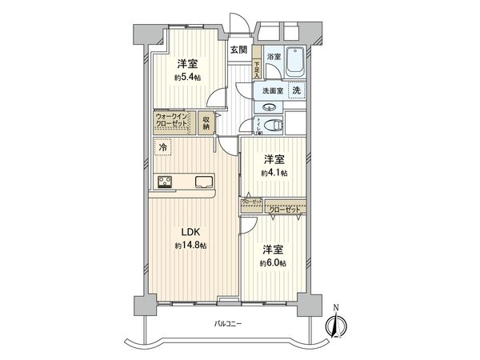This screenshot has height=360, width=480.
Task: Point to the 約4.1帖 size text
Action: [274, 172]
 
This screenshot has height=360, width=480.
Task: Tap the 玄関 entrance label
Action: [238, 49]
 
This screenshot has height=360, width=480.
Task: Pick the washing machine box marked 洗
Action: [296, 91]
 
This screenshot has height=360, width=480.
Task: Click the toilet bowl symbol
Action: [273, 124]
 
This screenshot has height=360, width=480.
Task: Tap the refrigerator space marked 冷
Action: [163, 147]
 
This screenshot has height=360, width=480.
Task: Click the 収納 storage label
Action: [206, 122]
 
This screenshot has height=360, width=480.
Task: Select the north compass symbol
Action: [337, 326]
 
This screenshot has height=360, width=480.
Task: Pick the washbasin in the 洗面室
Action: [267, 106]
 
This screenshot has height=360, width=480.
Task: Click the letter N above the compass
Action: [337, 308]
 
